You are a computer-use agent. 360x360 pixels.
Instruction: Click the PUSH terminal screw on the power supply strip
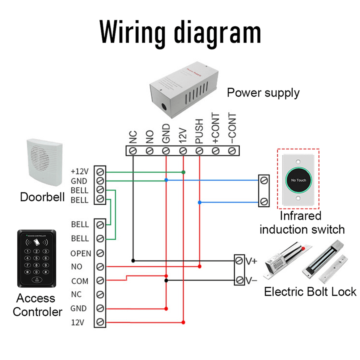(x=199, y=151)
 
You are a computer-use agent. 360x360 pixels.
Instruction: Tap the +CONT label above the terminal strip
(x=215, y=128)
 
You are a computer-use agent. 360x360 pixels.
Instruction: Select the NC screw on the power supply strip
(x=133, y=151)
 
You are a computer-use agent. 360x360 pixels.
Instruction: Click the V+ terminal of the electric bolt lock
(x=239, y=261)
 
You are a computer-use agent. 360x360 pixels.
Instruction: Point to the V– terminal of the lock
(x=239, y=280)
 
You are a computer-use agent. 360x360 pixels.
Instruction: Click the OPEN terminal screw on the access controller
(x=100, y=253)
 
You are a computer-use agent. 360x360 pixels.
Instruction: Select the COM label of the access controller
(x=80, y=281)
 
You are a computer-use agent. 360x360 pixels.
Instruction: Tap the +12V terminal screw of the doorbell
(x=100, y=172)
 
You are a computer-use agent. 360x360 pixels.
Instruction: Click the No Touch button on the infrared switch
(x=298, y=180)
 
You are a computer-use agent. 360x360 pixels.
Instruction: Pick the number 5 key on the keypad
(x=36, y=258)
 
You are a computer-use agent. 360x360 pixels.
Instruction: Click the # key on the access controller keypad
(x=46, y=272)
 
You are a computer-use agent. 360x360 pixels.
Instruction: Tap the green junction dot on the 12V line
(x=183, y=172)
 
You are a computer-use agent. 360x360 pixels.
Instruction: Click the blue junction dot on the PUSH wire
(x=199, y=202)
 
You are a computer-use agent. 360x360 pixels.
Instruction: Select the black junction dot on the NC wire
(x=133, y=261)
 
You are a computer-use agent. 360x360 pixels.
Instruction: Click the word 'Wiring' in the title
(x=132, y=32)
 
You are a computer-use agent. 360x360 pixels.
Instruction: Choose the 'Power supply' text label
(x=263, y=93)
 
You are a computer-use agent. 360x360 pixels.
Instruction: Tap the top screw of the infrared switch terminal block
(x=264, y=181)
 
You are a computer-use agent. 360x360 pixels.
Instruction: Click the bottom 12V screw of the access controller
(x=100, y=322)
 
